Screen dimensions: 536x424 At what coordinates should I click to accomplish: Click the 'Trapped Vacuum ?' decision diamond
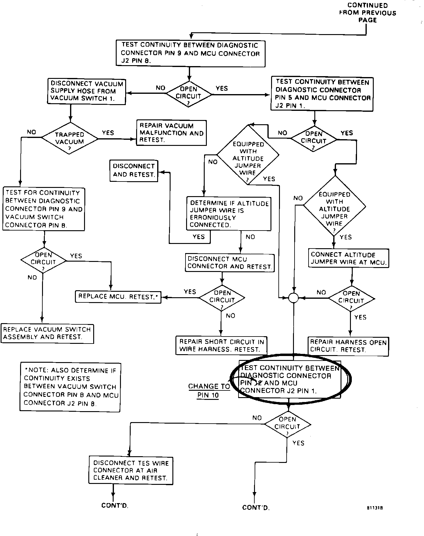click(x=70, y=138)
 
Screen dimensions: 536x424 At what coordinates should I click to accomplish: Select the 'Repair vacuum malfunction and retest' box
click(x=171, y=133)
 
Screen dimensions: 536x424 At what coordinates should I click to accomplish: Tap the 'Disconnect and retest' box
click(x=134, y=171)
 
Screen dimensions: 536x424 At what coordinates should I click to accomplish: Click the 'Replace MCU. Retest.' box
click(x=118, y=297)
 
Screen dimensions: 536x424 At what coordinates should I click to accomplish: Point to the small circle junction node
click(x=293, y=298)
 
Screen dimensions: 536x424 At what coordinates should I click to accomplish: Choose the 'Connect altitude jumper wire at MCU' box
click(x=348, y=258)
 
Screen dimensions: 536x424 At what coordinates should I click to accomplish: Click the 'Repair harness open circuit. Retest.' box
click(x=348, y=346)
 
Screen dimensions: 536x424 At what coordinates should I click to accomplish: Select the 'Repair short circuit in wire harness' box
click(x=221, y=346)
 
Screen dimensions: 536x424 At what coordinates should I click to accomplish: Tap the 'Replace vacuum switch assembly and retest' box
click(x=47, y=333)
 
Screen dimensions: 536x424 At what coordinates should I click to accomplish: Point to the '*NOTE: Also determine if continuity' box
click(x=70, y=387)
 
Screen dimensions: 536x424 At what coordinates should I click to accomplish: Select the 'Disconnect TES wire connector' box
click(x=131, y=471)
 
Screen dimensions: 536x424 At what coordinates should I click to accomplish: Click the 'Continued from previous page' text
click(x=367, y=13)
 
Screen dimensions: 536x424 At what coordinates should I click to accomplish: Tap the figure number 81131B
click(x=375, y=508)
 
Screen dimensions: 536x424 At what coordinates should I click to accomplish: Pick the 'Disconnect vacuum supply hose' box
click(x=87, y=91)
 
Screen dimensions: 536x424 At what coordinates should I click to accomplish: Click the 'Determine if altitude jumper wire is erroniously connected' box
click(x=229, y=214)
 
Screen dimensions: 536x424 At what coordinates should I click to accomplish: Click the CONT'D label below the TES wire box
click(x=115, y=506)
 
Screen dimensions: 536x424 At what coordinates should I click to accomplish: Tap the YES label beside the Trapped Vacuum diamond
click(x=108, y=133)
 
